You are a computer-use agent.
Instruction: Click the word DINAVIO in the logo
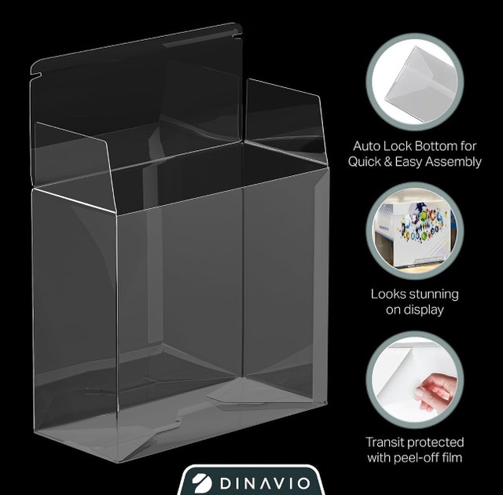point(265,483)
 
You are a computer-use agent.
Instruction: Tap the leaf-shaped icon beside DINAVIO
point(202,483)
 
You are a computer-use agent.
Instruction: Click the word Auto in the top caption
point(366,146)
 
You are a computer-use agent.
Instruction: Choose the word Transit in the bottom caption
point(385,442)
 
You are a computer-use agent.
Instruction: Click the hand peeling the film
point(435,392)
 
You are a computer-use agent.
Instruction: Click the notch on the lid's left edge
point(36,76)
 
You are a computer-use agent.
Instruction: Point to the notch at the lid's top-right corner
point(237,34)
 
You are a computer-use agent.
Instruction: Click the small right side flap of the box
point(285,120)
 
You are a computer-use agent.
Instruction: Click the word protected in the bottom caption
point(435,442)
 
